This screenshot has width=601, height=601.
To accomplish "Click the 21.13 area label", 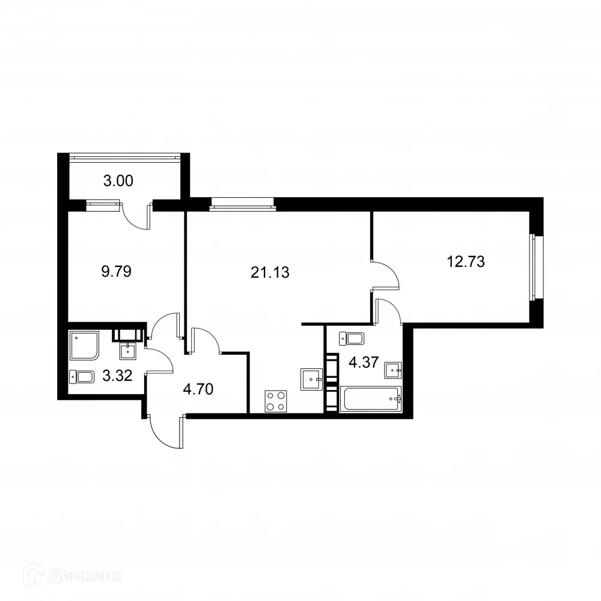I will (270, 273).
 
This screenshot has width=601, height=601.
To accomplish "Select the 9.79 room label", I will (116, 272).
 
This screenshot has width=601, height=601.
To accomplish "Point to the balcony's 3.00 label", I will (118, 180).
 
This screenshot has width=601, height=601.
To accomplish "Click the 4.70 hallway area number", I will (198, 389).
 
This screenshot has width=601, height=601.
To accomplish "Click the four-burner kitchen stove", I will (276, 401).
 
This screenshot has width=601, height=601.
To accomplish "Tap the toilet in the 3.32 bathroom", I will (82, 377).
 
